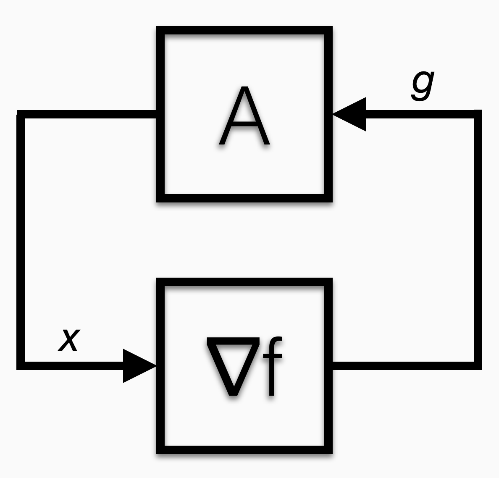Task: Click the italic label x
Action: (x=69, y=339)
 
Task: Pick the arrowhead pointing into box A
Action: (x=351, y=114)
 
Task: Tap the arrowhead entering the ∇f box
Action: (x=139, y=366)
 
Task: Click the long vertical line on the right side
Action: (x=478, y=239)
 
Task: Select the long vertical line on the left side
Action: (x=21, y=239)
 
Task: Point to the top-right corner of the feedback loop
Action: (x=478, y=114)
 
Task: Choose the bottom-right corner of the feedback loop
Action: (x=478, y=365)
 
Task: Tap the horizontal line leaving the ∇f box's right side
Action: (x=403, y=365)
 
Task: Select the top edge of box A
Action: (x=244, y=31)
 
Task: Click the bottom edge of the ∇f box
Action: (x=244, y=449)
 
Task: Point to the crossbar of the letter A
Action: (x=244, y=124)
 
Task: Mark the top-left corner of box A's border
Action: (x=160, y=31)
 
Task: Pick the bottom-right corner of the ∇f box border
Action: (x=328, y=449)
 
